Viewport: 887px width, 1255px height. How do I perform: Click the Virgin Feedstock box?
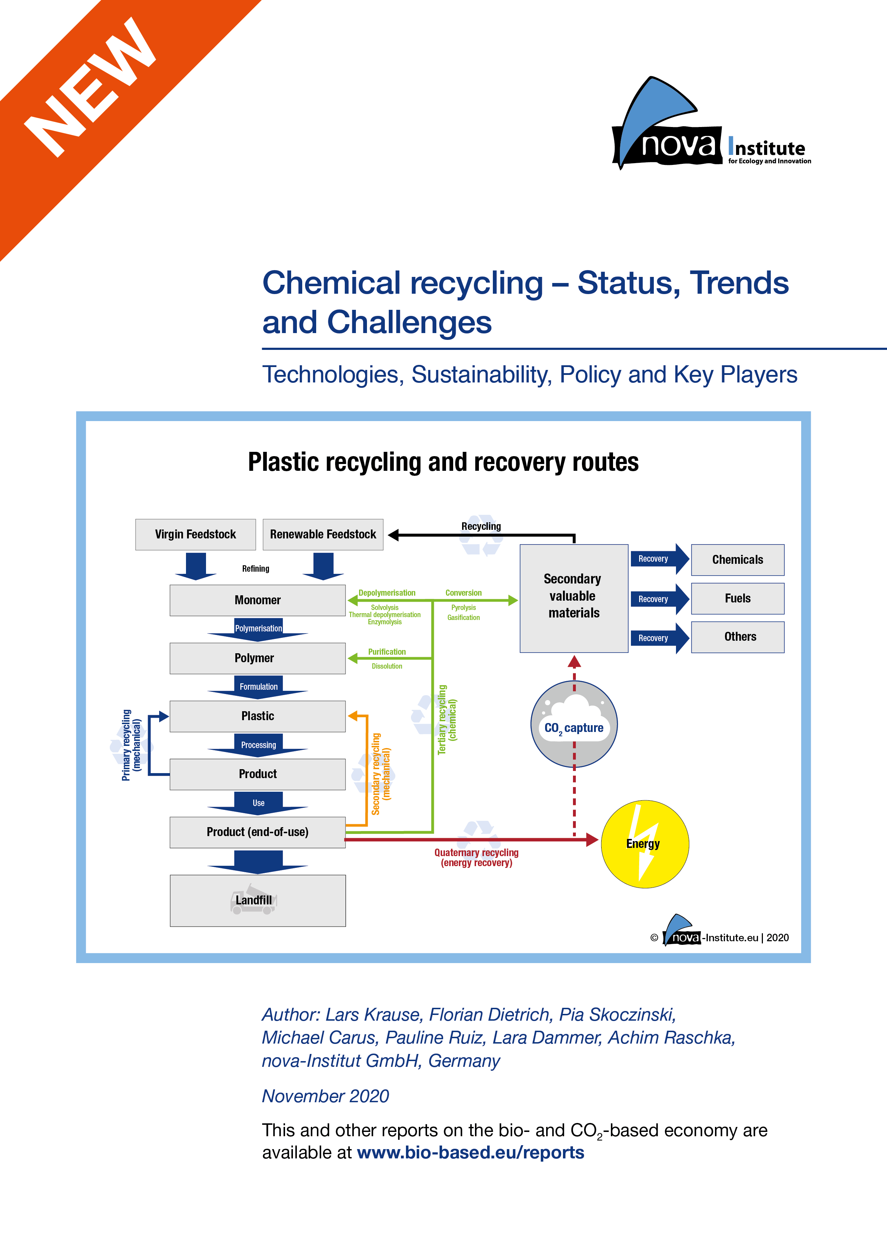pyautogui.click(x=195, y=534)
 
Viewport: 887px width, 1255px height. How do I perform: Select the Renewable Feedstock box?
pyautogui.click(x=323, y=534)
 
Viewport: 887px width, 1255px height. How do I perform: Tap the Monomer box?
pyautogui.click(x=258, y=600)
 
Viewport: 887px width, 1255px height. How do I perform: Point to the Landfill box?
pyautogui.click(x=258, y=900)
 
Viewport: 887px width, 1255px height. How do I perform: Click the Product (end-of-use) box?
pyautogui.click(x=258, y=832)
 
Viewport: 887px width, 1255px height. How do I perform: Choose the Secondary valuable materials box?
pyautogui.click(x=573, y=597)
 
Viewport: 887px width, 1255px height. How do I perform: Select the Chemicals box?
pyautogui.click(x=737, y=560)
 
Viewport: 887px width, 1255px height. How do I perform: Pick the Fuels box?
pyautogui.click(x=737, y=599)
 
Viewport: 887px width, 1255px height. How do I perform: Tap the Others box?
pyautogui.click(x=737, y=637)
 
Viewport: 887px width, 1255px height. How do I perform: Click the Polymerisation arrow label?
pyautogui.click(x=258, y=629)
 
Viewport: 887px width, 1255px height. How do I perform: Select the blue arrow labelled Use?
pyautogui.click(x=258, y=803)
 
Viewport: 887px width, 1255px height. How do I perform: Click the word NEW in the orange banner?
pyautogui.click(x=90, y=87)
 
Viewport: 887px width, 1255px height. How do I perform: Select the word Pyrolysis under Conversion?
pyautogui.click(x=464, y=608)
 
